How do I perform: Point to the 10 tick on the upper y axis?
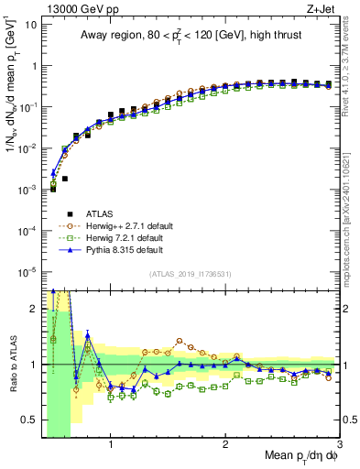click(x=29, y=25)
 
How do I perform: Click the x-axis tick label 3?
click(x=340, y=444)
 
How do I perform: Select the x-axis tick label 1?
click(x=111, y=444)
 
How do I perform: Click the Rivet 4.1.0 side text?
click(x=350, y=69)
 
